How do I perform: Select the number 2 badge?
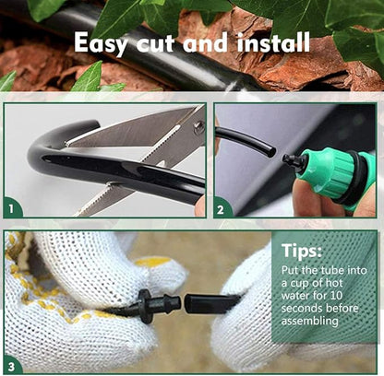point(221,209)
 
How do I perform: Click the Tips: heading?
point(303,250)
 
